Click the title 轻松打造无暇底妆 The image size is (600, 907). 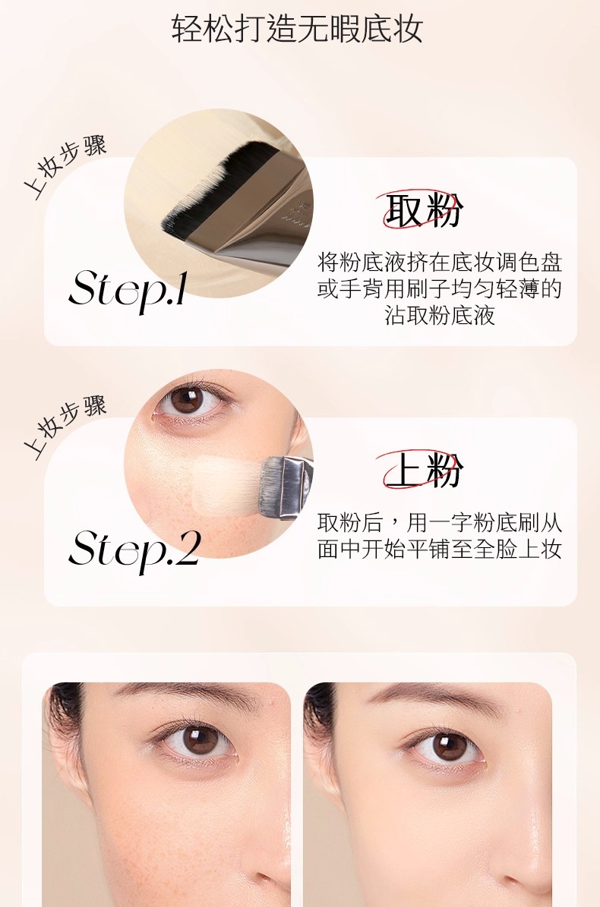(297, 28)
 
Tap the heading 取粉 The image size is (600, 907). (424, 209)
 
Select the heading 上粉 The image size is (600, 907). (424, 469)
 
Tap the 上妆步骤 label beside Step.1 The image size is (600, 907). (65, 167)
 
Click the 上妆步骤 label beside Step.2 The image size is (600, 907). (65, 427)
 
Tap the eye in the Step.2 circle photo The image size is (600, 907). (190, 400)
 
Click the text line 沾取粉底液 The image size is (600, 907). (440, 315)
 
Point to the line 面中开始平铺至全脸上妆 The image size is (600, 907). (440, 549)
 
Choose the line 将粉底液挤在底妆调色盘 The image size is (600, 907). (440, 262)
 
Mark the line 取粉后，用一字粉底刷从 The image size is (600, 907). (440, 522)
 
